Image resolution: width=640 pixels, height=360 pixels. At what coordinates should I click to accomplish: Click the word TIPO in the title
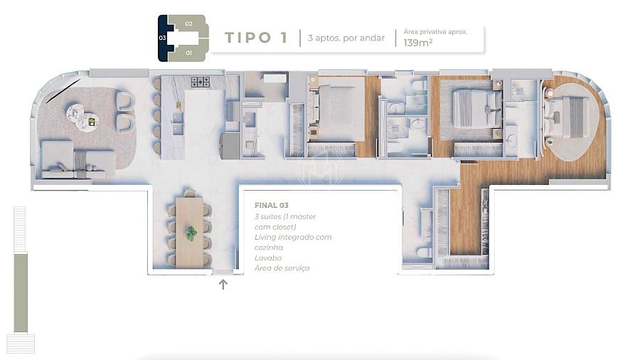click(247, 38)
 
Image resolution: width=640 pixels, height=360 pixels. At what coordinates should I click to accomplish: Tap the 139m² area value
click(418, 43)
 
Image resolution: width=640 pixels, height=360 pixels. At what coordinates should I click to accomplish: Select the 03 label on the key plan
click(162, 38)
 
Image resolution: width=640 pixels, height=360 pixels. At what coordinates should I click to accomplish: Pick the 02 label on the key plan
click(188, 23)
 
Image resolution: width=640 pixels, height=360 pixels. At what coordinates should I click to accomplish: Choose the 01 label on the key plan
click(188, 53)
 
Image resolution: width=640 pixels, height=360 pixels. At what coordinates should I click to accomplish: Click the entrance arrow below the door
click(223, 284)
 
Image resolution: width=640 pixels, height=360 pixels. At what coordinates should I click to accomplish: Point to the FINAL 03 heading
click(272, 206)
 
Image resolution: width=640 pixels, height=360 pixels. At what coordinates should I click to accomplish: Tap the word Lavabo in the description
click(268, 258)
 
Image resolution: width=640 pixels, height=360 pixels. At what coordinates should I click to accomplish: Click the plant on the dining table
click(191, 233)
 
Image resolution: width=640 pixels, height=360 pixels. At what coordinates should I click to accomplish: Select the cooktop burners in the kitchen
click(201, 82)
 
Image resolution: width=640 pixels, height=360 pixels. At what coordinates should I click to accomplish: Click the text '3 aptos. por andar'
click(346, 38)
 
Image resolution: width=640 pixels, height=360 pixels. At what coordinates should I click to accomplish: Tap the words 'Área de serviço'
click(282, 268)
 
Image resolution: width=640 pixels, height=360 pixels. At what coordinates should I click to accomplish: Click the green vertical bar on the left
click(21, 292)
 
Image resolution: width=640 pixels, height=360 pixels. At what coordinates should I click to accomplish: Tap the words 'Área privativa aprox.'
click(435, 32)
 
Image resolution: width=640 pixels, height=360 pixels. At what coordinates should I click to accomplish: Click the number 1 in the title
click(284, 38)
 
